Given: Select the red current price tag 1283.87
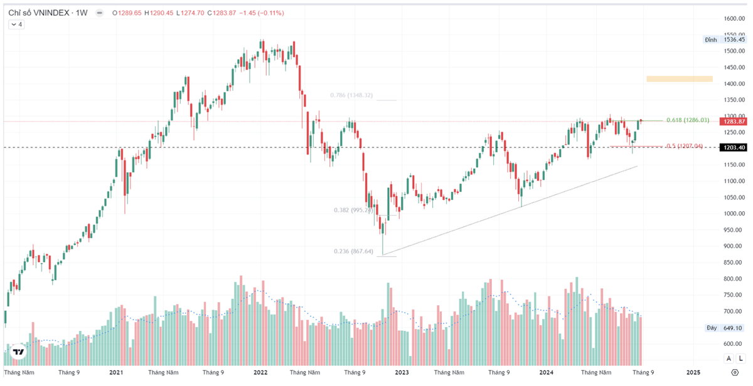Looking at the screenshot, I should click(x=734, y=122).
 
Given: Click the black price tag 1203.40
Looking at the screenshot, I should click(x=734, y=147).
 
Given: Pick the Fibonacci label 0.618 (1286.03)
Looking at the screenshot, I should click(x=688, y=120).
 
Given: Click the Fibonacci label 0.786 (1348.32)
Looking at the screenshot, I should click(x=351, y=96).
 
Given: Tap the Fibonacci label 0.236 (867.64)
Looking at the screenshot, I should click(x=353, y=252).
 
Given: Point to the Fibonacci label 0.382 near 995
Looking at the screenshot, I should click(x=353, y=210).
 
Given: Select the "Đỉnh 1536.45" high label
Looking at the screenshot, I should click(x=725, y=39).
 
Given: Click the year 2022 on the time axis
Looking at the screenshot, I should click(x=261, y=372).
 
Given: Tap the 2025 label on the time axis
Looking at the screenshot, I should click(x=693, y=372).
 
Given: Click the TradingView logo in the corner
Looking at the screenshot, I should click(x=19, y=352).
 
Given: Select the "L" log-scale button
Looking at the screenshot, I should click(x=740, y=358).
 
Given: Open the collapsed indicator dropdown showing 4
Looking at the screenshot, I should click(x=16, y=24).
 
